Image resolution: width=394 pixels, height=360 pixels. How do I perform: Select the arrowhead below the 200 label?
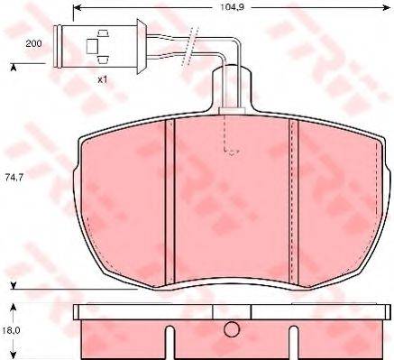click(x=14, y=67)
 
